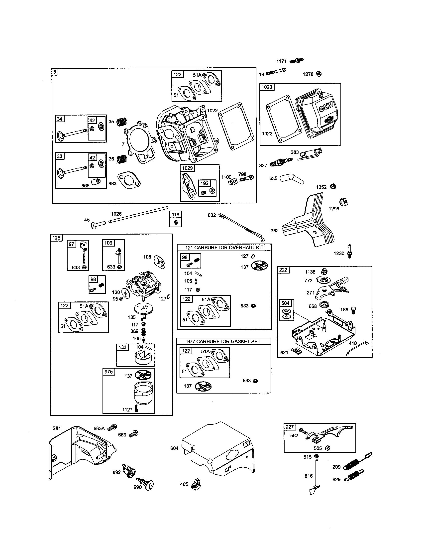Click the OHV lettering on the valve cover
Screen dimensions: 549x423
point(325,107)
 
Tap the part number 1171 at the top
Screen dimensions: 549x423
point(281,61)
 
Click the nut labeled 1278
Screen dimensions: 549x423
point(319,74)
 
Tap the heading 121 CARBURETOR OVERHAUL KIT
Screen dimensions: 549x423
point(224,247)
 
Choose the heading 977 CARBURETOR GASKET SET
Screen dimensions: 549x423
point(224,341)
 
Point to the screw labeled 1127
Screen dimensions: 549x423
point(136,409)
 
